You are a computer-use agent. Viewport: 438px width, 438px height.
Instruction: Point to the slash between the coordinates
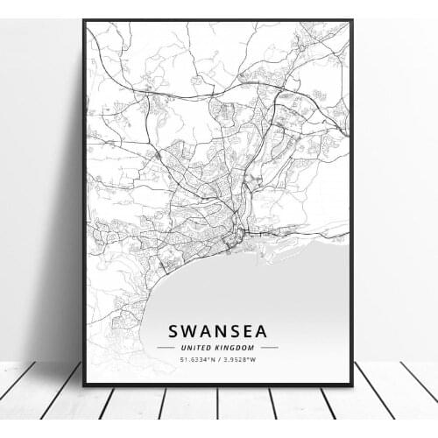pos(219,358)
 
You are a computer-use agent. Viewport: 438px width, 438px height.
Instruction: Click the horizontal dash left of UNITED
pos(165,347)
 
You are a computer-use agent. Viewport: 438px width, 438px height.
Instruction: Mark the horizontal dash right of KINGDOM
pos(270,347)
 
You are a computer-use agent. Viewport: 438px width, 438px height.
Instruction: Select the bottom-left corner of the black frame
pos(84,385)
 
